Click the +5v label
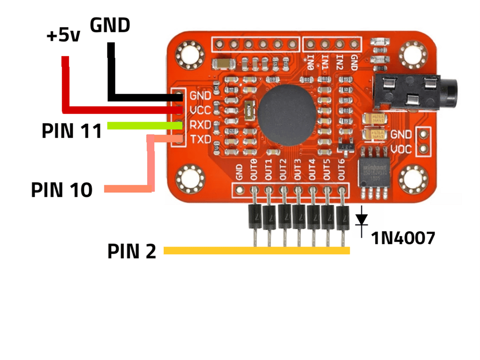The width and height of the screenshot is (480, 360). point(63,36)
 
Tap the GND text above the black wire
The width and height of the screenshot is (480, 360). point(110,25)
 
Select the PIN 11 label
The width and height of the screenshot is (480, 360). point(72,132)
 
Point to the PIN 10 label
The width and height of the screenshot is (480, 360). point(61,190)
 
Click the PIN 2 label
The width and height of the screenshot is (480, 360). point(131,252)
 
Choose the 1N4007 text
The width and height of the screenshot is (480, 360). point(403,238)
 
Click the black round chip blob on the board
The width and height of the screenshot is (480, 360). point(288,112)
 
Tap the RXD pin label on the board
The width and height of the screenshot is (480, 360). point(200,125)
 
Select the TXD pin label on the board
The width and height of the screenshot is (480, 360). point(200,139)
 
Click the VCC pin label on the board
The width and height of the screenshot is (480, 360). point(200,111)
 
